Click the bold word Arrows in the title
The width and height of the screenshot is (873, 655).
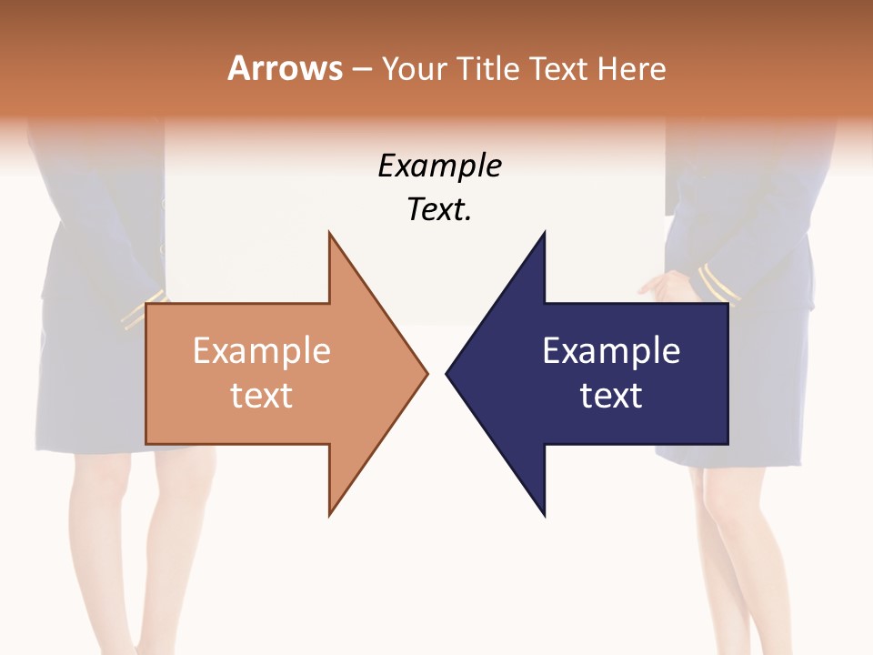pos(285,68)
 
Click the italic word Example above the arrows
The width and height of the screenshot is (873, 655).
pos(439,166)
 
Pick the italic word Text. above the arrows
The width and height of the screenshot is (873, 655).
pos(439,210)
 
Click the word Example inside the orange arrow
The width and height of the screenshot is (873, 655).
pos(261,351)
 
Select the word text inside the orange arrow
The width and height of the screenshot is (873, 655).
pos(261,396)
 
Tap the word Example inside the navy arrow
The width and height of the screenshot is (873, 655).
pos(611,351)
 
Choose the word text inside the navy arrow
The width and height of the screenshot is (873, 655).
pos(611,396)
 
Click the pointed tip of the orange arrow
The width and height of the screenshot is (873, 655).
pos(426,373)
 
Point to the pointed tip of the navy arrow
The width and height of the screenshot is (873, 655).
pos(447,373)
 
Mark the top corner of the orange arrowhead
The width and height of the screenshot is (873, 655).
pos(329,234)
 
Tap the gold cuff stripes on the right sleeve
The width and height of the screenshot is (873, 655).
pos(718,284)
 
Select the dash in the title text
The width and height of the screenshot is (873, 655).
pos(361,69)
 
